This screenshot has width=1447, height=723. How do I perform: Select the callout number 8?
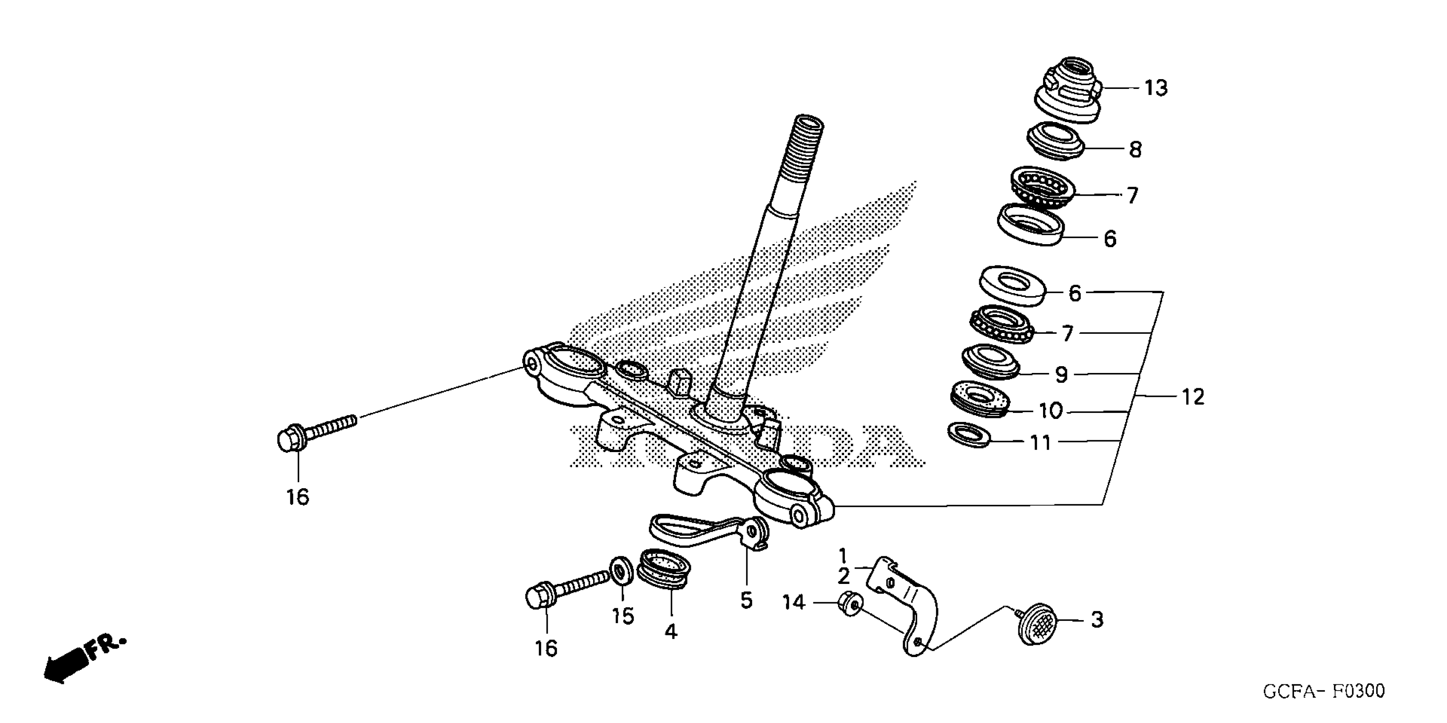click(x=1135, y=150)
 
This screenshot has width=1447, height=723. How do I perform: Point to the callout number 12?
click(x=1193, y=397)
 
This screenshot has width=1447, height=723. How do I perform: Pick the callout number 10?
click(x=1050, y=411)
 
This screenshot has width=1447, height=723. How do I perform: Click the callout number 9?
click(x=1061, y=375)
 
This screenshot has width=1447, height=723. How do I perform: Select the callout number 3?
click(x=1097, y=620)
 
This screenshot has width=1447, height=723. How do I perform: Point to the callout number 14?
click(x=794, y=603)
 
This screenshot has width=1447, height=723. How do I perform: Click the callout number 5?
click(x=746, y=601)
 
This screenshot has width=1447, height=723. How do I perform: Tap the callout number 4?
click(x=671, y=632)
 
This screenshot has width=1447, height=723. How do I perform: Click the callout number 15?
click(x=623, y=616)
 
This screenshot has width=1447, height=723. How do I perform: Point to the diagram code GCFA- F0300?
click(x=1324, y=691)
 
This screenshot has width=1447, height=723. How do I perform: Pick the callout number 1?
click(x=843, y=556)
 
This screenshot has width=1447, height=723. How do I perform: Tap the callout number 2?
click(x=843, y=576)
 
